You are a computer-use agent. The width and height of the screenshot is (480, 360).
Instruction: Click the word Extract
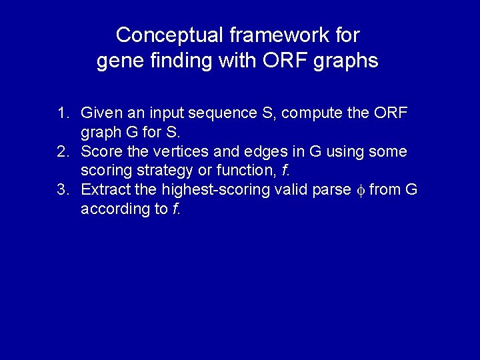pyautogui.click(x=103, y=190)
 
